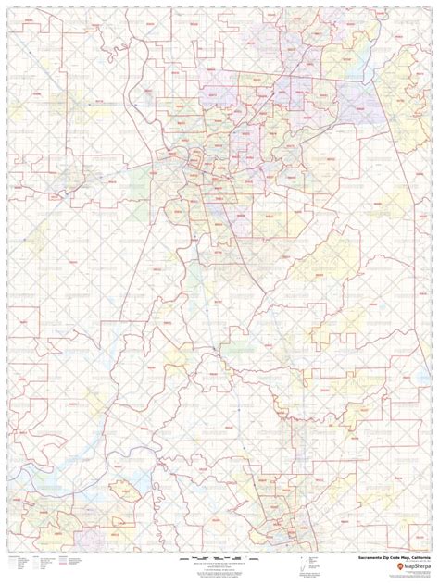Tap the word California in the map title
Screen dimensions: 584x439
[x=414, y=559]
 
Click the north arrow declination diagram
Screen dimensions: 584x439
[x=305, y=564]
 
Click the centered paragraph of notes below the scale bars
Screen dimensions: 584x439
[x=219, y=571]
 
